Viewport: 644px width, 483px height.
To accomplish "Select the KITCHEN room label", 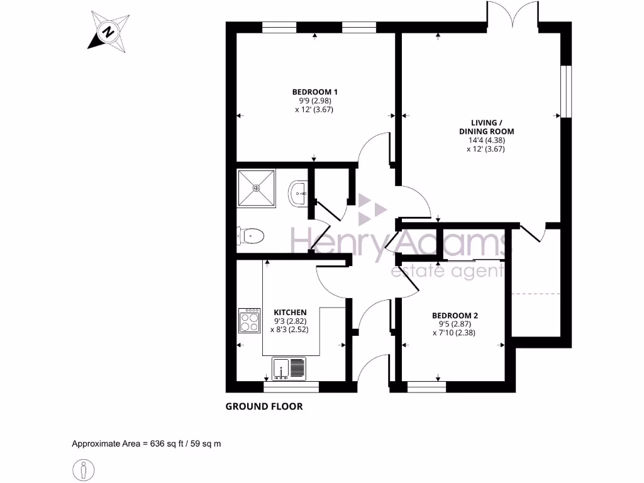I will click(x=290, y=312).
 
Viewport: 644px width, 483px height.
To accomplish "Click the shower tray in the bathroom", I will click(x=257, y=187).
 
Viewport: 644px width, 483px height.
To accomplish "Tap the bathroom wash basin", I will click(x=297, y=194).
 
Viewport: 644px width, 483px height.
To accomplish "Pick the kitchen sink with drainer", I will click(x=289, y=369).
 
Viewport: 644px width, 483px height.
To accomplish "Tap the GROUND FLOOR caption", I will click(x=264, y=406).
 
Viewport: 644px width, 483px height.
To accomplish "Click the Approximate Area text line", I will click(x=147, y=443).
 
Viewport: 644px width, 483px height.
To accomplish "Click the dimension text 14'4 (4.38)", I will click(x=486, y=140).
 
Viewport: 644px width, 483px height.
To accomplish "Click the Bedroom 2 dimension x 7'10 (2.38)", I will click(x=453, y=333).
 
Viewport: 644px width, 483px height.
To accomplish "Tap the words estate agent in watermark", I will click(x=447, y=271).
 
